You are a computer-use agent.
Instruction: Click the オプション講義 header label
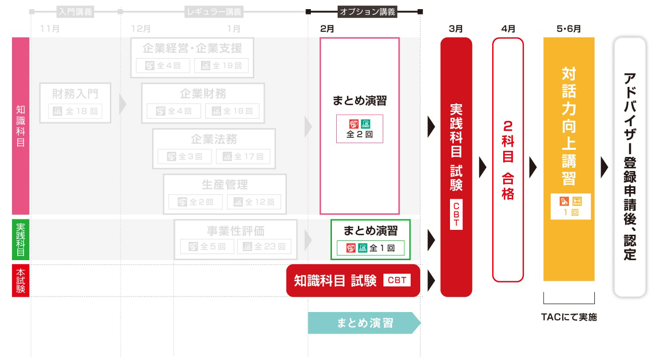click(367, 12)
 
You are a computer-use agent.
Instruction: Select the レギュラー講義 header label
click(213, 12)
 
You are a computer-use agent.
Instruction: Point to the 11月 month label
click(50, 29)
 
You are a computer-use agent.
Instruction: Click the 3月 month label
click(456, 29)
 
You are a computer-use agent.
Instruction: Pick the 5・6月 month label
click(569, 29)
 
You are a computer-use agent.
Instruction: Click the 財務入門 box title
click(75, 94)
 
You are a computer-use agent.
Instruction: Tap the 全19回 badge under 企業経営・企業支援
click(221, 66)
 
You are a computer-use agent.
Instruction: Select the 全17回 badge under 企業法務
click(243, 156)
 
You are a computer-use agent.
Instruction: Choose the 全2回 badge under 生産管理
click(195, 202)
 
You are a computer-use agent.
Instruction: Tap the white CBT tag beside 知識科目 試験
click(397, 280)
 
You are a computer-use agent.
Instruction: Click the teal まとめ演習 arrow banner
click(364, 323)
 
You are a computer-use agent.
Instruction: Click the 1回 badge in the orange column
click(570, 212)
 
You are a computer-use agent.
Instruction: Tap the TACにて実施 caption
click(569, 317)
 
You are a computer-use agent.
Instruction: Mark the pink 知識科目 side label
click(21, 126)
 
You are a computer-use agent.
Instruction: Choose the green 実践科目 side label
click(21, 240)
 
